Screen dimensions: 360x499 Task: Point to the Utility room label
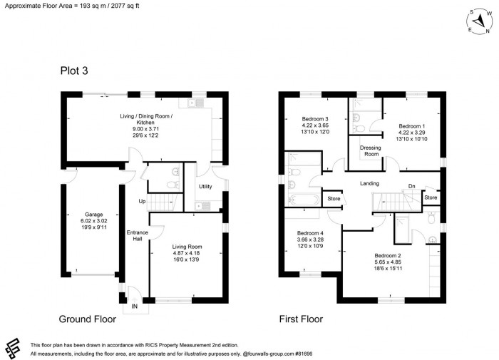point(206,186)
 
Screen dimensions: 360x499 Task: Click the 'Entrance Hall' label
point(137,236)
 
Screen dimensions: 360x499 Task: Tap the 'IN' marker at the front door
point(133,307)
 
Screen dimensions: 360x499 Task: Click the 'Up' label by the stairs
point(142,202)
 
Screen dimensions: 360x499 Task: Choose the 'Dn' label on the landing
point(411,187)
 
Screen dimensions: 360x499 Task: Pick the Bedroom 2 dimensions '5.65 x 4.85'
point(389,262)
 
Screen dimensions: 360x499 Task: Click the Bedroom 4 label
point(310,233)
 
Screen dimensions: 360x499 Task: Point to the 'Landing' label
point(369,183)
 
